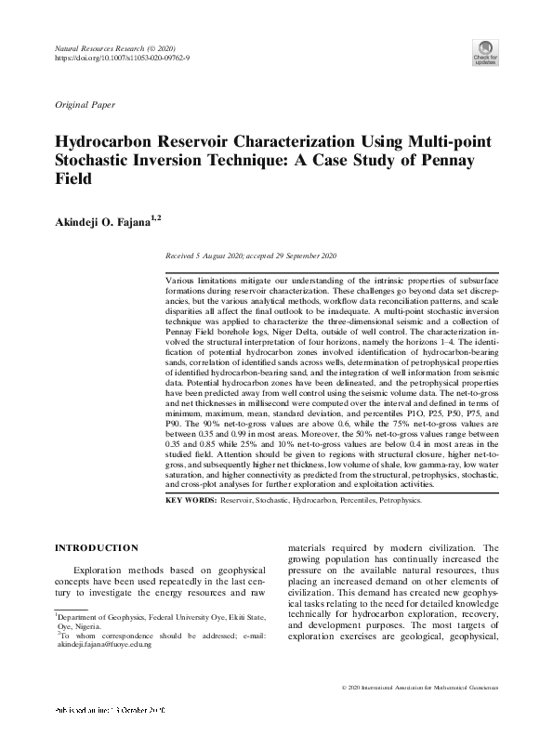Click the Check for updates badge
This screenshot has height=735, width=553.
(x=486, y=52)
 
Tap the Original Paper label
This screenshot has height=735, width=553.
(x=86, y=106)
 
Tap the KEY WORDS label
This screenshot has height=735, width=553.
(x=190, y=500)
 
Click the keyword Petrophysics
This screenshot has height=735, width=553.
(x=394, y=500)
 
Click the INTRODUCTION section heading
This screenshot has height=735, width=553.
(x=98, y=547)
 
